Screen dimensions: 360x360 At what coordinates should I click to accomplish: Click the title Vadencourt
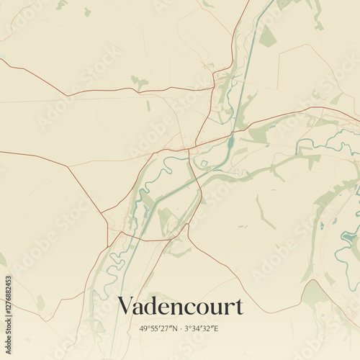(x=180, y=306)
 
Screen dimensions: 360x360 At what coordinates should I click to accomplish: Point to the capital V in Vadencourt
(x=125, y=305)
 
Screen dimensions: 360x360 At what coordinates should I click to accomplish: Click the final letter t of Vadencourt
(x=238, y=307)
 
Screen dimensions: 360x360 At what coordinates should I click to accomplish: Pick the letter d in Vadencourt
(x=153, y=306)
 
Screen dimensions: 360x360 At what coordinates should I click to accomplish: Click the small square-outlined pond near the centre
(x=204, y=164)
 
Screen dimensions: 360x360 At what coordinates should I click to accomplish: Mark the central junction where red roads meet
(x=189, y=150)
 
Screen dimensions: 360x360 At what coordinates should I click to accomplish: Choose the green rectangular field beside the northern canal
(x=267, y=36)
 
